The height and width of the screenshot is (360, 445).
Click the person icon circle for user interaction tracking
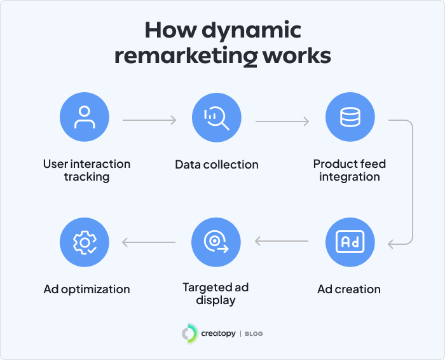pyautogui.click(x=84, y=118)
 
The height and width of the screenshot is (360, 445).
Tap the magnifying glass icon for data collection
pyautogui.click(x=217, y=118)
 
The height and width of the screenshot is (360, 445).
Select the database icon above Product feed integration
pyautogui.click(x=350, y=118)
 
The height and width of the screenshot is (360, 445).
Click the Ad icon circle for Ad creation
pyautogui.click(x=350, y=242)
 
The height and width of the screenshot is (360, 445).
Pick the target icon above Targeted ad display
pyautogui.click(x=217, y=242)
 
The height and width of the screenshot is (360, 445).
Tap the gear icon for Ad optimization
pyautogui.click(x=84, y=242)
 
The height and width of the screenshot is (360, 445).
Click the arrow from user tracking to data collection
pyautogui.click(x=150, y=120)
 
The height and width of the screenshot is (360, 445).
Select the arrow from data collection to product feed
pyautogui.click(x=283, y=120)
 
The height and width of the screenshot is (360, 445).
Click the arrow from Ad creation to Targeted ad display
pyautogui.click(x=283, y=242)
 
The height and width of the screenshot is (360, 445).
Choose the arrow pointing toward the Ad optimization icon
pyautogui.click(x=150, y=242)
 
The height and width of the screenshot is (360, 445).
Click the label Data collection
pyautogui.click(x=217, y=165)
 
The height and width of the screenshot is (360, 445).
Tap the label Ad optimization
pyautogui.click(x=86, y=289)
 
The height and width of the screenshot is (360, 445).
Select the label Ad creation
pyautogui.click(x=349, y=289)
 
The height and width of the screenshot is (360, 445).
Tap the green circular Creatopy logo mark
pyautogui.click(x=189, y=333)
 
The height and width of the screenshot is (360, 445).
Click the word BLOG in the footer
pyautogui.click(x=254, y=334)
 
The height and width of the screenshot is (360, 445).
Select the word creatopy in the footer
pyautogui.click(x=218, y=333)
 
